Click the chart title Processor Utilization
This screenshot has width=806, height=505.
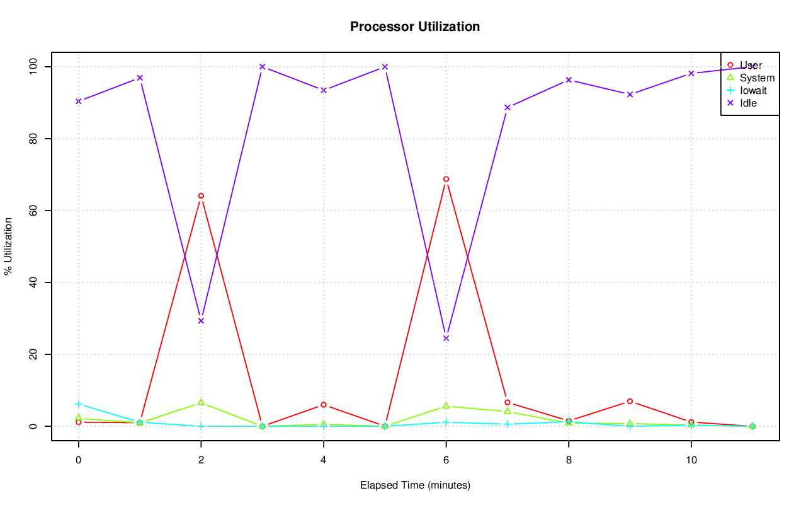(x=415, y=26)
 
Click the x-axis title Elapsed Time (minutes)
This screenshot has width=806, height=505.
(x=415, y=485)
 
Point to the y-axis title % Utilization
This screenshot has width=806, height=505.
(x=8, y=246)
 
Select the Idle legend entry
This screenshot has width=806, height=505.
(x=748, y=103)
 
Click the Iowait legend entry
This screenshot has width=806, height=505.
(x=753, y=90)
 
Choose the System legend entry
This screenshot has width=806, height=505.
(x=757, y=78)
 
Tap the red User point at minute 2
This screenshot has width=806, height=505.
(x=201, y=195)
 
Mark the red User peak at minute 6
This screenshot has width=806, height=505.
(x=446, y=179)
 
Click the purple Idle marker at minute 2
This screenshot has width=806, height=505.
(x=201, y=321)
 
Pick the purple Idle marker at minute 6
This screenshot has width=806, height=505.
(x=446, y=339)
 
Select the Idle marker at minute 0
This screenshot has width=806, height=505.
(x=79, y=101)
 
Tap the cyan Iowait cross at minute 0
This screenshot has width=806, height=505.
(x=79, y=404)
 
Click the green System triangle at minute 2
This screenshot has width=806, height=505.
(x=201, y=402)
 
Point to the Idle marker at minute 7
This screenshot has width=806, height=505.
(x=508, y=107)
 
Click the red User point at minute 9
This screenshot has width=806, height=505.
(x=630, y=401)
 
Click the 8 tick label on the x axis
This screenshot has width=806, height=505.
(x=569, y=460)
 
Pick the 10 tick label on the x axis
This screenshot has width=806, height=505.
(x=691, y=460)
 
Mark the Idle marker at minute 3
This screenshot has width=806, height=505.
(x=263, y=67)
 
